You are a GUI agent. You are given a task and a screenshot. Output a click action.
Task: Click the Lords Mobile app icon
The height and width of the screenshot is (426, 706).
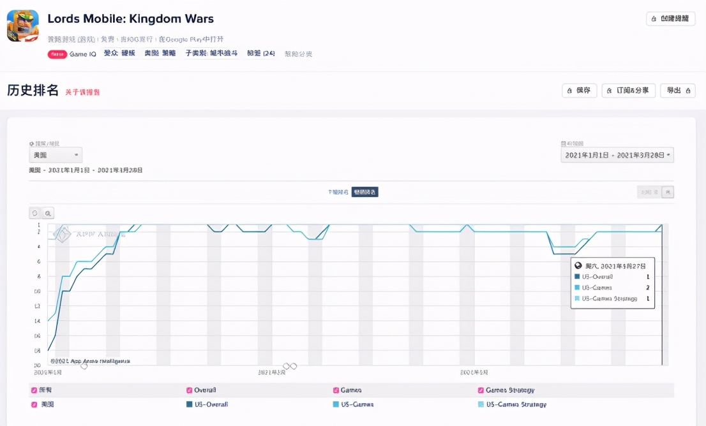click(23, 26)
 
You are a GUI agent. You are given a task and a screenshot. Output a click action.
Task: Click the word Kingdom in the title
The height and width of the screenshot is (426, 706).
click(148, 18)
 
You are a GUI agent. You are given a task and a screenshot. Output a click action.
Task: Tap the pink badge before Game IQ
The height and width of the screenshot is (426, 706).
click(57, 54)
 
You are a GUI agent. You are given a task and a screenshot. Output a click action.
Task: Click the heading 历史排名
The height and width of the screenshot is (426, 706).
click(33, 90)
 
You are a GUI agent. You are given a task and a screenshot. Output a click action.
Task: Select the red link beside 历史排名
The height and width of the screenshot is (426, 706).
click(82, 92)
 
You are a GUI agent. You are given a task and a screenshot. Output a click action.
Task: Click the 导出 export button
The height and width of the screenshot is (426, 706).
click(677, 91)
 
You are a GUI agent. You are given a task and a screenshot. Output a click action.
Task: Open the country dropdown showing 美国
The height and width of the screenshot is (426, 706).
click(56, 155)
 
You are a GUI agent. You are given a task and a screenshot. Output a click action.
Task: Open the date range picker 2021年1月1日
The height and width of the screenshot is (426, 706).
click(617, 155)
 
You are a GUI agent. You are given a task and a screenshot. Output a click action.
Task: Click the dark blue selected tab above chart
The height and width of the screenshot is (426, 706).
click(364, 192)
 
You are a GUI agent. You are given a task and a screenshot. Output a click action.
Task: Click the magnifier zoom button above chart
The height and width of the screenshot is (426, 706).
click(48, 213)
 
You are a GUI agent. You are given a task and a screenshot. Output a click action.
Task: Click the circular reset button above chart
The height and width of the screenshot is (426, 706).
click(35, 213)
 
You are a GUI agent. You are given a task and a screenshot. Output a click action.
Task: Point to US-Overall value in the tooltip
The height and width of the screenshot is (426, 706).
click(647, 277)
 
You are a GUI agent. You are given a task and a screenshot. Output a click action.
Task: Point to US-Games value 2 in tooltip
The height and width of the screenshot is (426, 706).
click(647, 288)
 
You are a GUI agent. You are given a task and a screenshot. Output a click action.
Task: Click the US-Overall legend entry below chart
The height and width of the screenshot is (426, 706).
click(207, 404)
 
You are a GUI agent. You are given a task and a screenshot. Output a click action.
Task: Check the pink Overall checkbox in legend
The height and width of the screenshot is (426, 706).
click(190, 390)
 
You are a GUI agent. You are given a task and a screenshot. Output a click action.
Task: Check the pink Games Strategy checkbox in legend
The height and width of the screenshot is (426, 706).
click(481, 390)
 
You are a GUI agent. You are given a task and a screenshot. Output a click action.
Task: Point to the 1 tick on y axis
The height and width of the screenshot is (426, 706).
click(39, 225)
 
